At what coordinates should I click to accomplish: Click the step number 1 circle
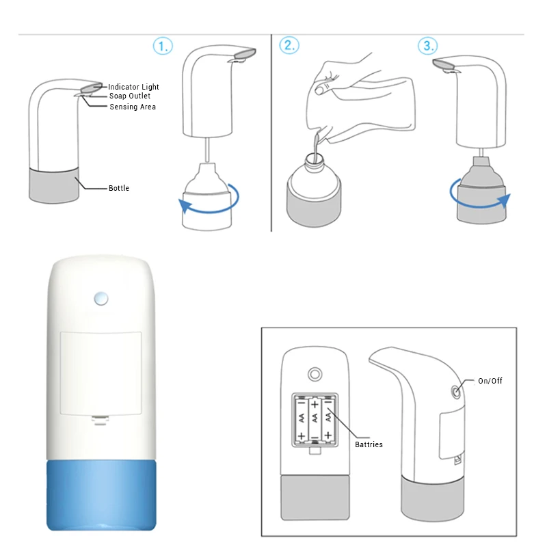163,46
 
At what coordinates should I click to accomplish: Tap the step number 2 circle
289,45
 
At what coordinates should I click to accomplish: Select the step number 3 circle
428,45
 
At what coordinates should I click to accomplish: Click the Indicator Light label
133,87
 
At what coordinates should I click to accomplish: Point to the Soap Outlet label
130,96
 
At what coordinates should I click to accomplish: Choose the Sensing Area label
133,107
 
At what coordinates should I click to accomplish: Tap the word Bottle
119,188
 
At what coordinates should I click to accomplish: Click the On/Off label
490,381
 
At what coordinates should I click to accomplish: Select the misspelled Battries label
369,444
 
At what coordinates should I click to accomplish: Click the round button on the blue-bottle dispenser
101,299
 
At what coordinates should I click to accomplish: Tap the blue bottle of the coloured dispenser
101,495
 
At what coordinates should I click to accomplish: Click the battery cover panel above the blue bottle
101,373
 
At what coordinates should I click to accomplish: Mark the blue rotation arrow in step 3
480,206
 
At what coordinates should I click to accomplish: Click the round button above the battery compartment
315,374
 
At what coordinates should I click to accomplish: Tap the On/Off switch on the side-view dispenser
456,392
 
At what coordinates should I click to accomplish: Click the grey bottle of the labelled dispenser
54,185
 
